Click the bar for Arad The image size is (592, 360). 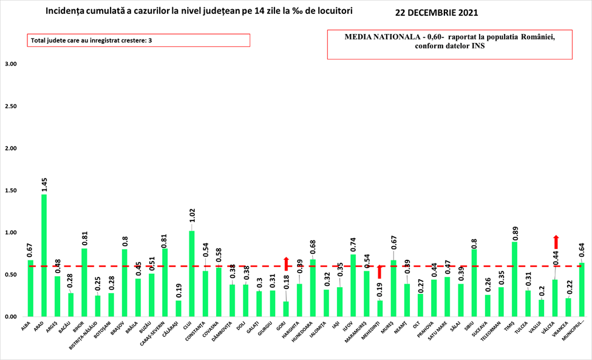tap(44, 255)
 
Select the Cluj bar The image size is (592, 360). tap(192, 273)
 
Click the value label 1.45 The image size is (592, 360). tap(44, 185)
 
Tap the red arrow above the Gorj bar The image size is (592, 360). tap(286, 264)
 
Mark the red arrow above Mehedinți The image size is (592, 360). tap(380, 271)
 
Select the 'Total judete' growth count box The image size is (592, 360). tap(138, 40)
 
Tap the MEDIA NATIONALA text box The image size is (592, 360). tap(450, 42)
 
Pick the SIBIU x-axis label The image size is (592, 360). tap(473, 325)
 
